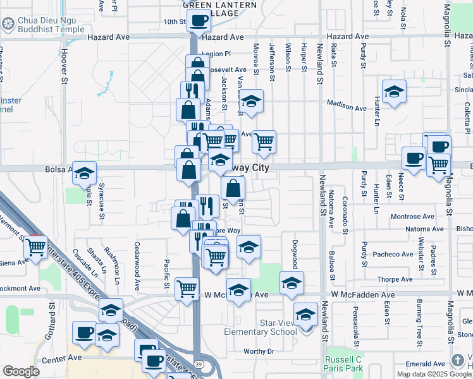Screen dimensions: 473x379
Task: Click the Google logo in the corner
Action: (x=21, y=371)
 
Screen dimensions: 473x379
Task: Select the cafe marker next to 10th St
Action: (x=199, y=20)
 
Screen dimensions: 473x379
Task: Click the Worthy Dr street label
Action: (x=259, y=351)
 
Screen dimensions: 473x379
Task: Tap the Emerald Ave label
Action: (x=426, y=364)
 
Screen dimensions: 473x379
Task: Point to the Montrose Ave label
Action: (x=412, y=216)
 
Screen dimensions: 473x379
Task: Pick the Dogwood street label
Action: (x=294, y=254)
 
